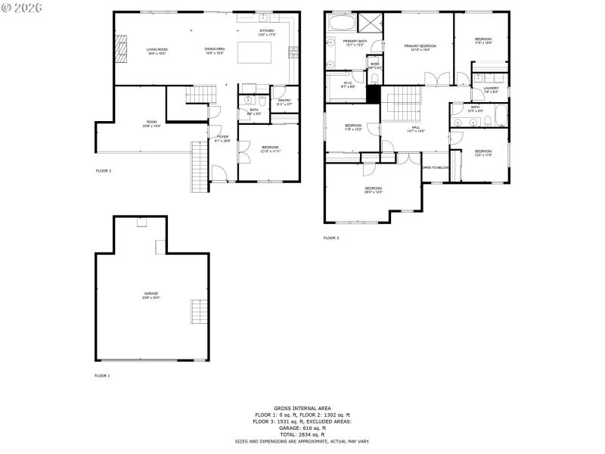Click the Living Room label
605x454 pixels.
157,51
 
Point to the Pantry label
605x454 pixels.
284,101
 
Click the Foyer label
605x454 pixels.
222,138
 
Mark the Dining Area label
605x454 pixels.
215,51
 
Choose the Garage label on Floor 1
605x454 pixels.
151,295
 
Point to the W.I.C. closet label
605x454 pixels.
349,85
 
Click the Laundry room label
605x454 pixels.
491,90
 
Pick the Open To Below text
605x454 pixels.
436,167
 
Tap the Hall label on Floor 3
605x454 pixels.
415,129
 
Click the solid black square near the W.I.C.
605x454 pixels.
372,94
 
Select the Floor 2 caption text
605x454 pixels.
103,171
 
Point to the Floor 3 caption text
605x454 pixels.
331,238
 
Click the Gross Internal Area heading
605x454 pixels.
302,408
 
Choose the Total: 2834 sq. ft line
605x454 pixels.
302,434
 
